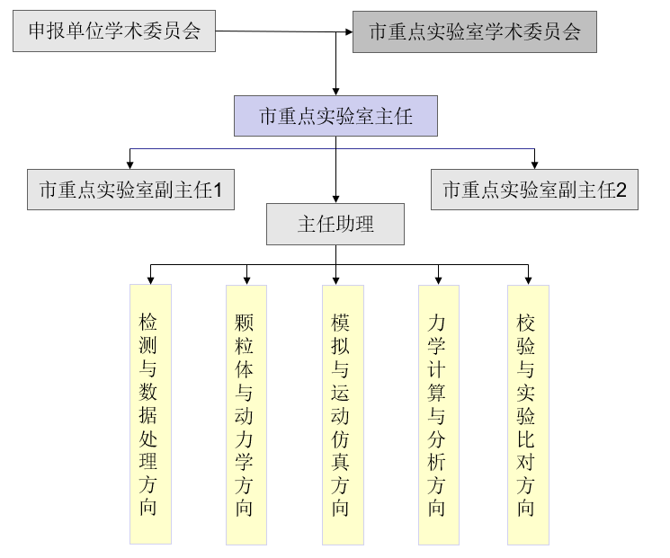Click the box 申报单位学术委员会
tap(114, 33)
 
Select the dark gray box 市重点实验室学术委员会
tap(475, 32)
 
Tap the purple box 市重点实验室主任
tap(335, 116)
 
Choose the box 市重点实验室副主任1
tap(131, 190)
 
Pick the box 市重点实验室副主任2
tap(534, 190)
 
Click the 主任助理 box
tap(335, 224)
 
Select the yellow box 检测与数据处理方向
tap(149, 414)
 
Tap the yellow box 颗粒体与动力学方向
tap(246, 414)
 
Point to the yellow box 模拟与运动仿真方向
tap(342, 414)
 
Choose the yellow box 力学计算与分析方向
tap(438, 414)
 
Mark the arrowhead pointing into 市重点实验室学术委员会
tap(347, 32)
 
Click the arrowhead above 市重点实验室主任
tap(335, 91)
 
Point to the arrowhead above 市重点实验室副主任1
tap(130, 164)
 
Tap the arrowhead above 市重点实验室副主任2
tap(534, 164)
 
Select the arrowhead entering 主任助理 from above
tap(335, 199)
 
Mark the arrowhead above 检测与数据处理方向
tap(149, 279)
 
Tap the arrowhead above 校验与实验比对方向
tap(528, 279)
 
